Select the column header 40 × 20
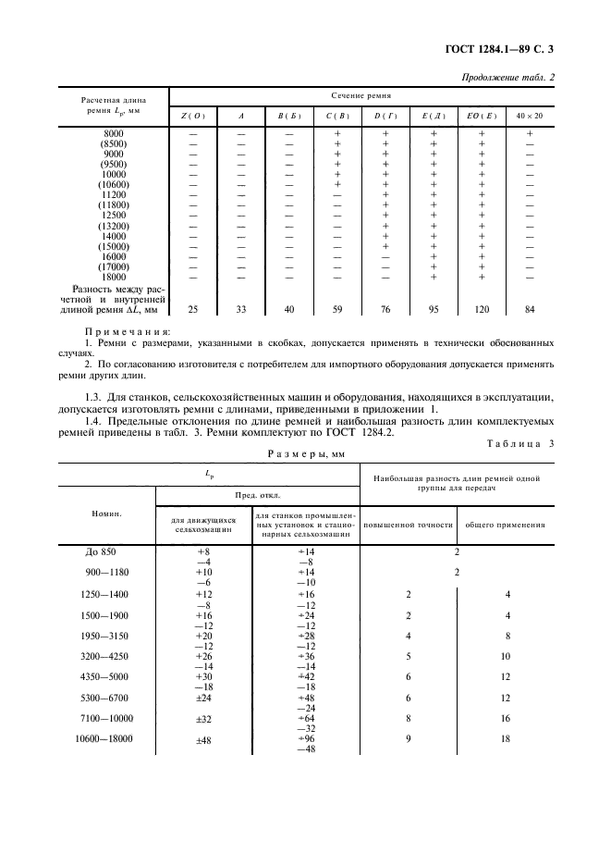(530, 116)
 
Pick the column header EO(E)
(482, 116)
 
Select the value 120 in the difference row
(482, 309)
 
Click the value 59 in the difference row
(337, 309)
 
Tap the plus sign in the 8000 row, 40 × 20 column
(530, 134)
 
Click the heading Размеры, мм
(305, 454)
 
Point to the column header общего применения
(504, 525)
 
